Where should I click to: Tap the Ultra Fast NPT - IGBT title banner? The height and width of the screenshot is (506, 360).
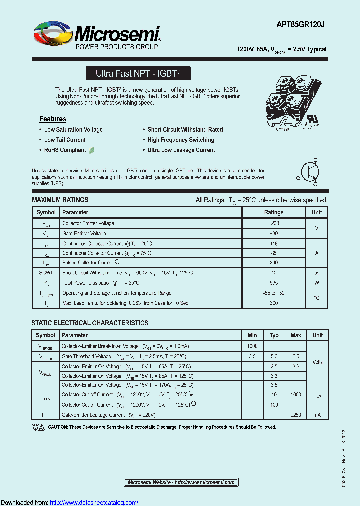point(138,74)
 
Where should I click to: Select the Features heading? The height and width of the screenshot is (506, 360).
point(53,119)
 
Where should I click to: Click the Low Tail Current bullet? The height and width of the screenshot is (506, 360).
point(65,140)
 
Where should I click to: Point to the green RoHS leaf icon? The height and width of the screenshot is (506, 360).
point(92,150)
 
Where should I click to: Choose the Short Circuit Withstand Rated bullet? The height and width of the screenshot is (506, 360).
point(185,130)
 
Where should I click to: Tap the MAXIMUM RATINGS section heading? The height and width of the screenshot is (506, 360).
point(60,200)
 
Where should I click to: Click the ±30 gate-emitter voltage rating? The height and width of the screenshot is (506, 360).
point(274,233)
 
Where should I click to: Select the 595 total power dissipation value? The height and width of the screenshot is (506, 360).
point(274,282)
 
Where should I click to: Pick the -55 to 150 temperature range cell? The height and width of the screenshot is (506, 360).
point(274,293)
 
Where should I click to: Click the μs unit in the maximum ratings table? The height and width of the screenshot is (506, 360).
point(317,273)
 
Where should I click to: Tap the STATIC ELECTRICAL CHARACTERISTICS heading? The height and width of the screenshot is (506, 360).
point(90,323)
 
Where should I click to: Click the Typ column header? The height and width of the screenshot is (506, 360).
point(274,335)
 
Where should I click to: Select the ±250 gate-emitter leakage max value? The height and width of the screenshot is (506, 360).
point(296,415)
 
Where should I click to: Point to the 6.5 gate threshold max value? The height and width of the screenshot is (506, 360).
point(296,357)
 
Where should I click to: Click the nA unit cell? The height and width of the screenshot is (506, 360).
point(317,415)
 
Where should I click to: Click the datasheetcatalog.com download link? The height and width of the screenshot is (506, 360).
point(94,502)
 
